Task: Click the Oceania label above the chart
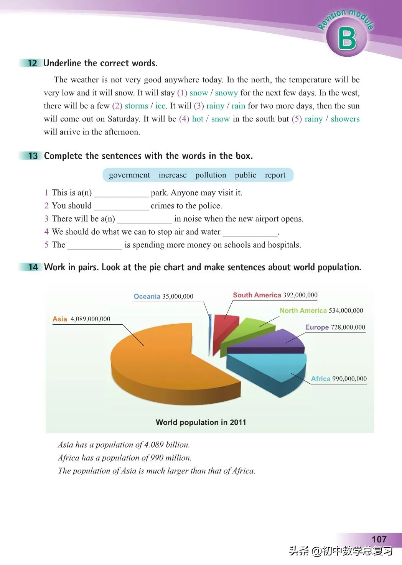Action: pyautogui.click(x=147, y=296)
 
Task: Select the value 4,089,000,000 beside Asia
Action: pyautogui.click(x=90, y=319)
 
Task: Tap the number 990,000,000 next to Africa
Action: pyautogui.click(x=349, y=379)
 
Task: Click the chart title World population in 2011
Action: pyautogui.click(x=201, y=422)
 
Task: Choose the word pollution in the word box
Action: pyautogui.click(x=211, y=175)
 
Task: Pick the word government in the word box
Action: pyautogui.click(x=129, y=175)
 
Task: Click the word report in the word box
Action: pyautogui.click(x=275, y=175)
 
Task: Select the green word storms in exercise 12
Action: pyautogui.click(x=136, y=106)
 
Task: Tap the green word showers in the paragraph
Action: pyautogui.click(x=345, y=119)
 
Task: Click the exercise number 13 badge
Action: pyautogui.click(x=33, y=156)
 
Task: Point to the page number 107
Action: pyautogui.click(x=379, y=539)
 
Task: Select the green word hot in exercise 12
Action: pyautogui.click(x=198, y=119)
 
